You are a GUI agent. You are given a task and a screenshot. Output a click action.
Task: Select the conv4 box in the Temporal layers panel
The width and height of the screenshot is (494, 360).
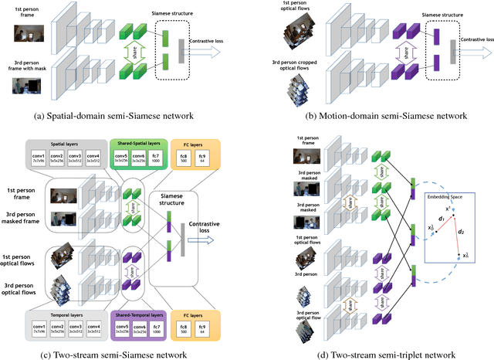pos(94,331)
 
